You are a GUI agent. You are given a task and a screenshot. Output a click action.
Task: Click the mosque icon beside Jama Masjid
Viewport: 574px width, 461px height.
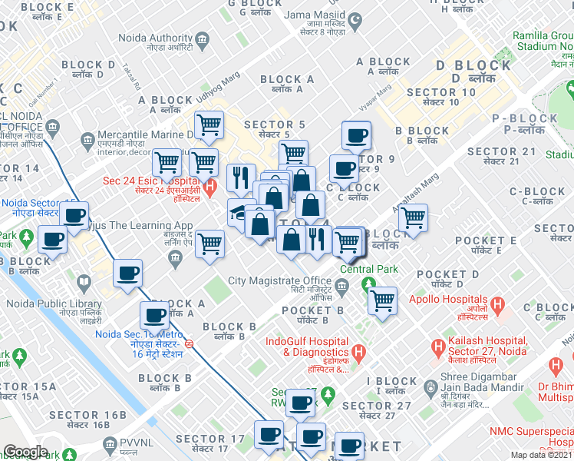click(x=354, y=18)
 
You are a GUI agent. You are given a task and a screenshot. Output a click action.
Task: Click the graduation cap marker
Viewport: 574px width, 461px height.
click(x=240, y=212)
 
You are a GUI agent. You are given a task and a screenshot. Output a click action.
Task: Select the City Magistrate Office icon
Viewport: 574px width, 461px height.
click(x=343, y=286)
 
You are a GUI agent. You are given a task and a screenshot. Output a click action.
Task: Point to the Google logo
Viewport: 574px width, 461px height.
click(x=25, y=452)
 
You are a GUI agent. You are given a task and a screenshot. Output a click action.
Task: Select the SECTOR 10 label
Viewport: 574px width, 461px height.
click(x=441, y=93)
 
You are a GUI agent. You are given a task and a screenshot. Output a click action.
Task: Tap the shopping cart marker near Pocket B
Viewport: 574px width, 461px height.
click(x=381, y=300)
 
